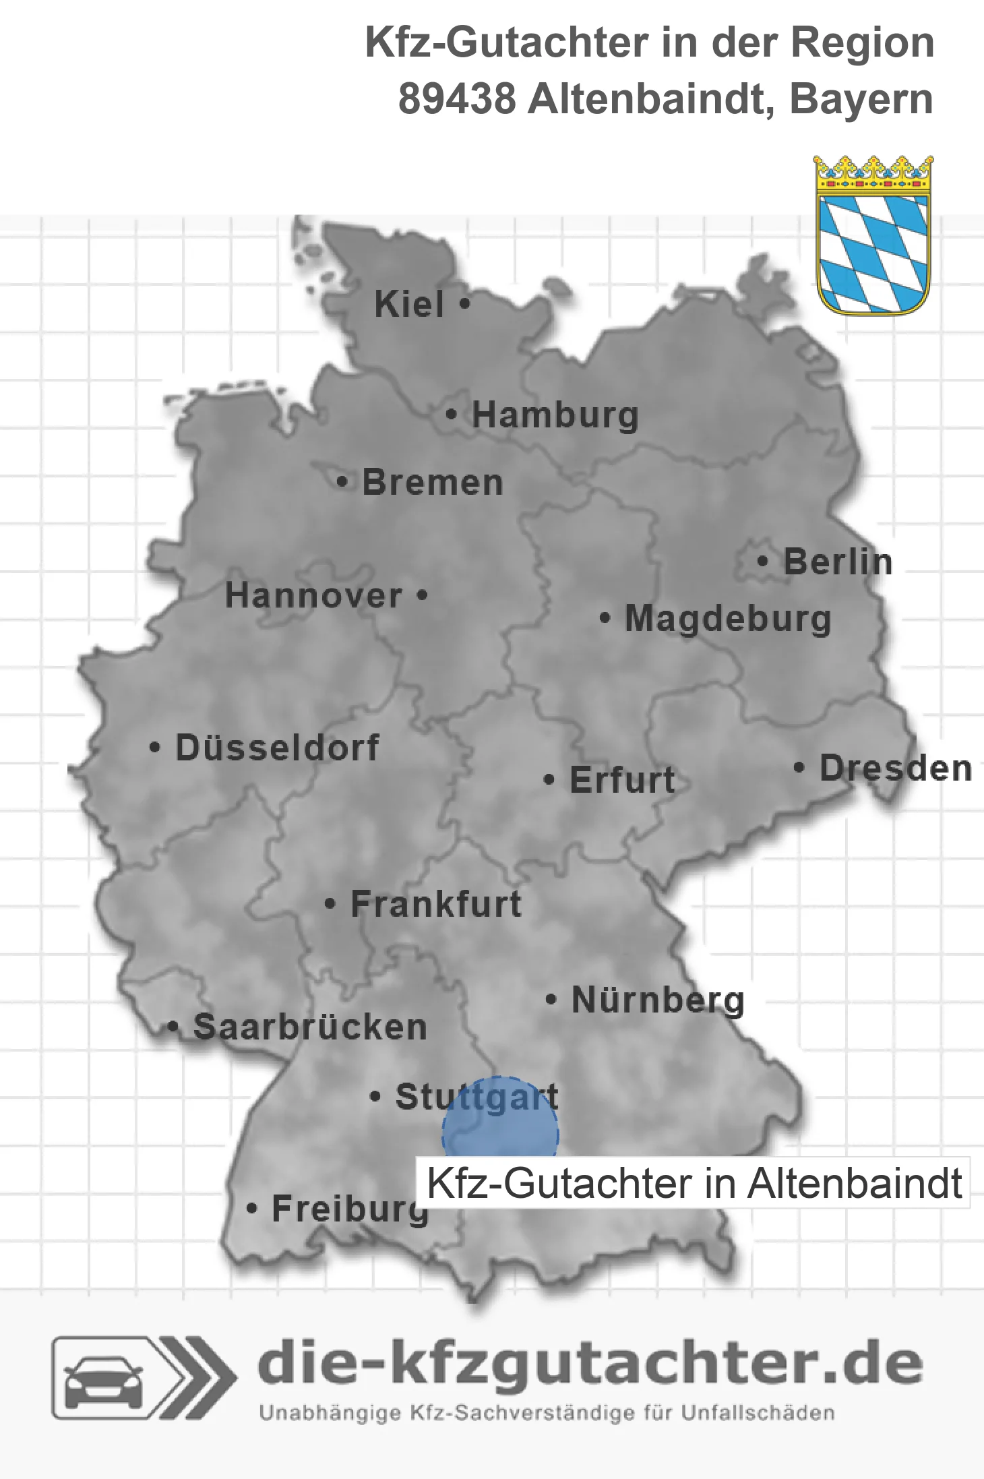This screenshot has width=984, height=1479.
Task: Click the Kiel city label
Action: point(409,304)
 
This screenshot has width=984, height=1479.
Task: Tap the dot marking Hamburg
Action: point(452,415)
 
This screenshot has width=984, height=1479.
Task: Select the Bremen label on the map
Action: point(433,483)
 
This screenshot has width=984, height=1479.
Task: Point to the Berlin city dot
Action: point(762,561)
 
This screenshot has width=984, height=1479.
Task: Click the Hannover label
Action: point(313,595)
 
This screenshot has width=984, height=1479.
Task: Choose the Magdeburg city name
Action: point(728,619)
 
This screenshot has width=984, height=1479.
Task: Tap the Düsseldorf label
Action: point(277,748)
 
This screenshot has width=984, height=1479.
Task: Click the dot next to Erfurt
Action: point(549,780)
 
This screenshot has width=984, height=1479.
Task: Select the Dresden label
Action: point(896,768)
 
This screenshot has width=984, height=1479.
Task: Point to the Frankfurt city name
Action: point(436,904)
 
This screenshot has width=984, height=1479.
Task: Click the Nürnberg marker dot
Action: point(551,999)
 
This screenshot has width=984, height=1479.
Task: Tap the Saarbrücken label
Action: point(310,1027)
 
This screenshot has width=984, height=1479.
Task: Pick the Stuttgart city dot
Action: point(375,1096)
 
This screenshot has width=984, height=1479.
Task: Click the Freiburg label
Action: point(350,1209)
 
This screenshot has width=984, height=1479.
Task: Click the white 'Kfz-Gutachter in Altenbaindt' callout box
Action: point(694,1183)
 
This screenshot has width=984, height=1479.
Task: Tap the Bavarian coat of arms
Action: point(873,236)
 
